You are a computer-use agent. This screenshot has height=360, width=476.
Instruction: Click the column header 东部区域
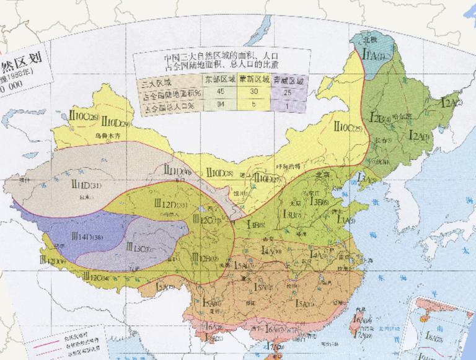(x=220, y=80)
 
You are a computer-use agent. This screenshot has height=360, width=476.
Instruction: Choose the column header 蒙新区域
(x=255, y=80)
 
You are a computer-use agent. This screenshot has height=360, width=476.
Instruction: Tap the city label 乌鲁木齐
(x=107, y=134)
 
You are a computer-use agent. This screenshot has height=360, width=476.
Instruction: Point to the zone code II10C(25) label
(x=347, y=128)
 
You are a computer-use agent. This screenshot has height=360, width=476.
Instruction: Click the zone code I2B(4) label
(x=379, y=117)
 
